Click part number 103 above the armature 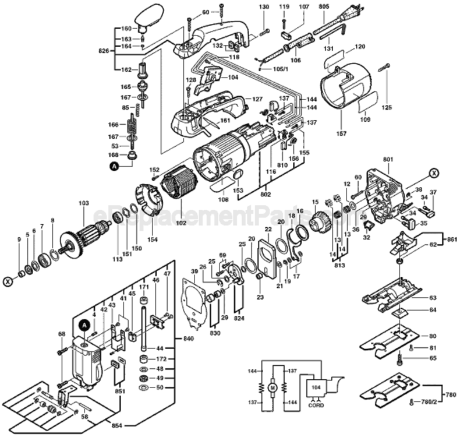[84, 203]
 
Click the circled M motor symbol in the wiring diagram [271, 386]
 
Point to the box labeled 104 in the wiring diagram [316, 386]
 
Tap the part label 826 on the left [104, 51]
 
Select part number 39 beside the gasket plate [193, 272]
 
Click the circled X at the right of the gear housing [433, 172]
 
